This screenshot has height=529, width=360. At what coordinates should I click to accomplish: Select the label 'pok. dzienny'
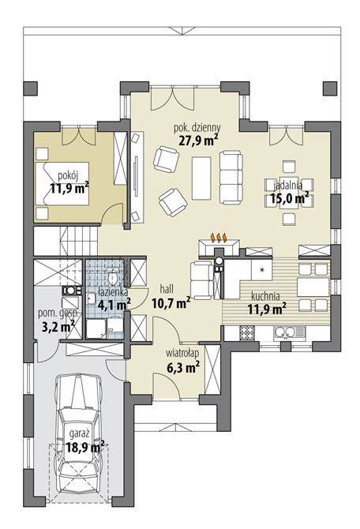coord(197,126)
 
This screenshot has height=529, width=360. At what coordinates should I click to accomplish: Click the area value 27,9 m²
coord(197,141)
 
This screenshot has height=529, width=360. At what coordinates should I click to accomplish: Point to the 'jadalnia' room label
coord(287,184)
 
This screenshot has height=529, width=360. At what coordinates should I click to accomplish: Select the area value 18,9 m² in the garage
coord(85,446)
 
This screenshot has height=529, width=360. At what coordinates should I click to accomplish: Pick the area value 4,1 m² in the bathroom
coord(114,299)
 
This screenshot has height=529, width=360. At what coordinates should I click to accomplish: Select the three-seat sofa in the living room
coord(231,174)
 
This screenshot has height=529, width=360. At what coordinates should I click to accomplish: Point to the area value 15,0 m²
coord(290,199)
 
